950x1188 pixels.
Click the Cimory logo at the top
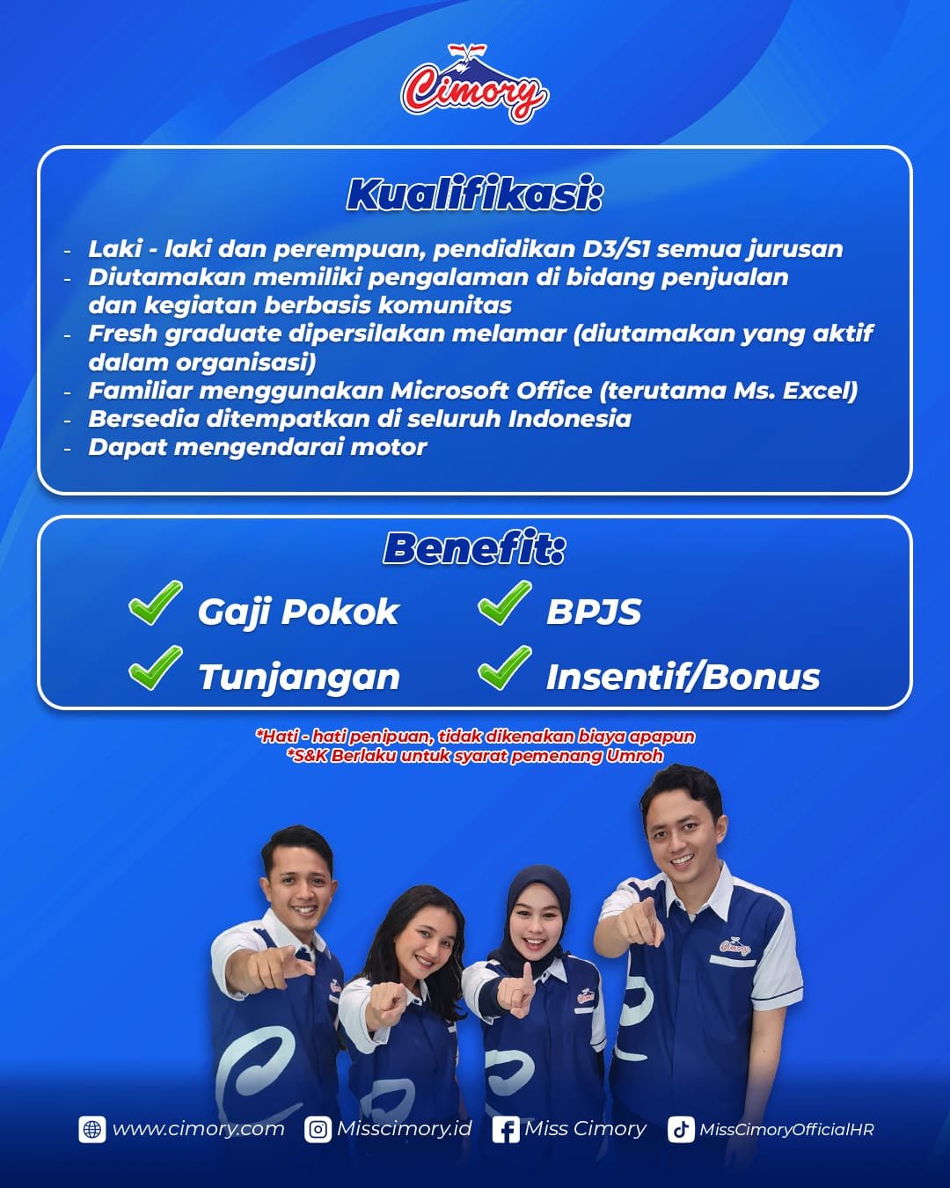pyautogui.click(x=474, y=84)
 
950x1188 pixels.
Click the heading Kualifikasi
pyautogui.click(x=474, y=194)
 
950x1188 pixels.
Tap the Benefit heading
pyautogui.click(x=474, y=548)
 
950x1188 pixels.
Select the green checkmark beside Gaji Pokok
pyautogui.click(x=155, y=602)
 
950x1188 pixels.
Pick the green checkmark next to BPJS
pyautogui.click(x=505, y=602)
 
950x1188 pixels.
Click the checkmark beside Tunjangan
pyautogui.click(x=155, y=667)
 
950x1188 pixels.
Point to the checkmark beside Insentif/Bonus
pyautogui.click(x=505, y=667)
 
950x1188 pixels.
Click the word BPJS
pyautogui.click(x=594, y=612)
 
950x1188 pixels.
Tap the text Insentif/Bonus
pyautogui.click(x=683, y=677)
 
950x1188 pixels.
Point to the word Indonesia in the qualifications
pyautogui.click(x=570, y=419)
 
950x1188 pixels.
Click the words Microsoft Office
pyautogui.click(x=492, y=391)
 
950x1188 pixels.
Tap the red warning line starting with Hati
pyautogui.click(x=475, y=736)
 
